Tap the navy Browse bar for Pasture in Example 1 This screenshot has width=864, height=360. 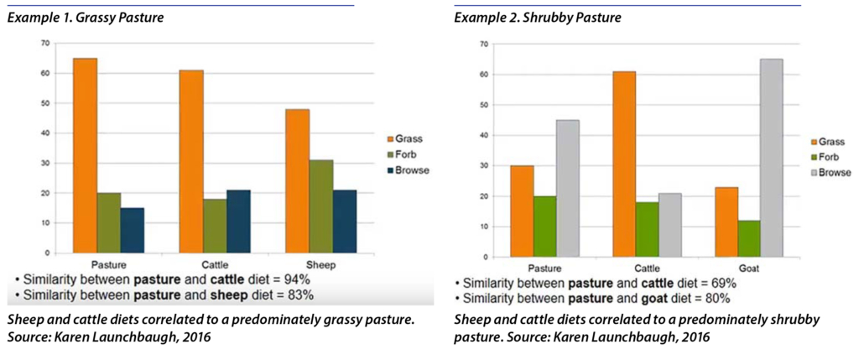tap(133, 230)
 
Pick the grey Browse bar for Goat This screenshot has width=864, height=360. tap(771, 158)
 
